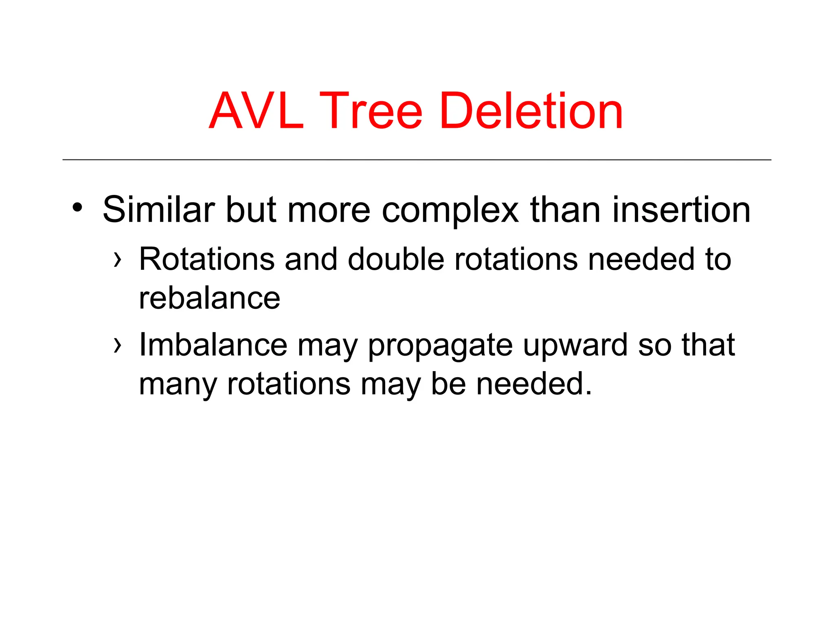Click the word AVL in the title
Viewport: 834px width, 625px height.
pos(256,111)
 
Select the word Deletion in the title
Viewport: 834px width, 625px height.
pos(531,111)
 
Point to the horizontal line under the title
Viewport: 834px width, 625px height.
pos(417,160)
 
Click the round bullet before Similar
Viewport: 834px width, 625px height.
pos(77,208)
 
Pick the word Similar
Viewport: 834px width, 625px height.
pos(158,210)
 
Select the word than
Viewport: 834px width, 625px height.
pos(566,210)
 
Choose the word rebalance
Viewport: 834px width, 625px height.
pos(209,298)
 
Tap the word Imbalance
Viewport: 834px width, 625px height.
pos(213,345)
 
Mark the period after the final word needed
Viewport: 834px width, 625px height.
pos(588,393)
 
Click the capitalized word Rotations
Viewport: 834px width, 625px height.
pos(207,259)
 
